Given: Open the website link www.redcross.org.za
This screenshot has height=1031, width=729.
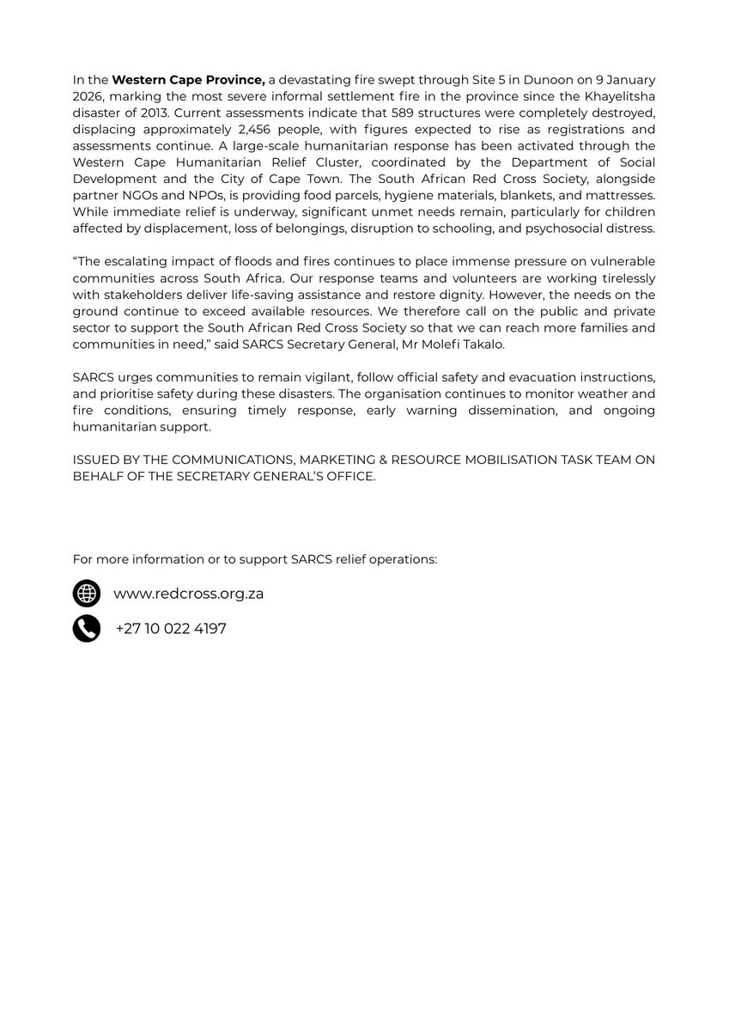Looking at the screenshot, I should click(188, 594).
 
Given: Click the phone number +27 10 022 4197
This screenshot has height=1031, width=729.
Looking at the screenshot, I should click(170, 629).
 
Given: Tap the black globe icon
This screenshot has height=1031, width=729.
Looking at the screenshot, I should click(87, 594).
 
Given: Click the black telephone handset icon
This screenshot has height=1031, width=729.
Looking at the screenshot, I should click(87, 629).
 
